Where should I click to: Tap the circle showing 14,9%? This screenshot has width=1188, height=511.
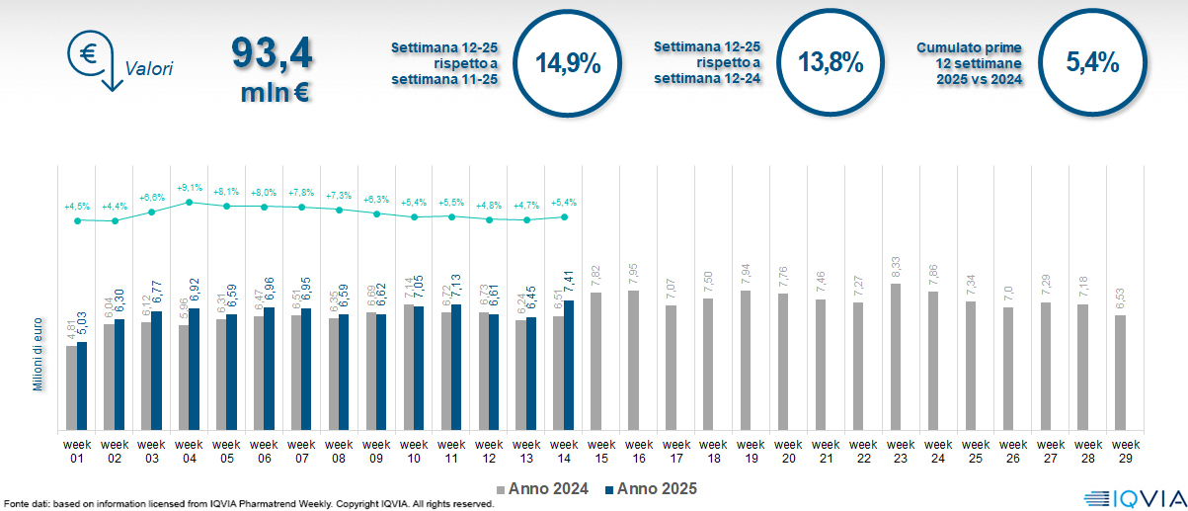coord(568,62)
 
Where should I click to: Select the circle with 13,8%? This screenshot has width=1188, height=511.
coord(831,62)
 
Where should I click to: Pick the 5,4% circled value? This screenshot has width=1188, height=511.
coord(1092,62)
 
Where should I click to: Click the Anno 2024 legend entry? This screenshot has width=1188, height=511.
coord(544,488)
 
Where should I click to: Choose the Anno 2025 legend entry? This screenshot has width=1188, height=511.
coord(652,488)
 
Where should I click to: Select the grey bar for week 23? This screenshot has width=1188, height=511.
coord(896,357)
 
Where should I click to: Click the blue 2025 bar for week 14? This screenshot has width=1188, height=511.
coord(569,365)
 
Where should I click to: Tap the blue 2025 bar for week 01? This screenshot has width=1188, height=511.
coord(82,385)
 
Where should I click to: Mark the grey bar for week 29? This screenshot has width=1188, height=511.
coord(1120,373)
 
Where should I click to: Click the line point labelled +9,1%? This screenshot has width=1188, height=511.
coord(190,201)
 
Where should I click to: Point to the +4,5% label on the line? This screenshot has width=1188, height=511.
coord(77,207)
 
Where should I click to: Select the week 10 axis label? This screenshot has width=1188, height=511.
coord(414,451)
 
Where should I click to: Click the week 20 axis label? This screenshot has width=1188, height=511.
coord(788,451)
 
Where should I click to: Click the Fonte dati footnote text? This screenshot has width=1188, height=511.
coord(248,504)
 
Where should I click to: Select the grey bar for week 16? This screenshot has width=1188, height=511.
coord(633,360)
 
